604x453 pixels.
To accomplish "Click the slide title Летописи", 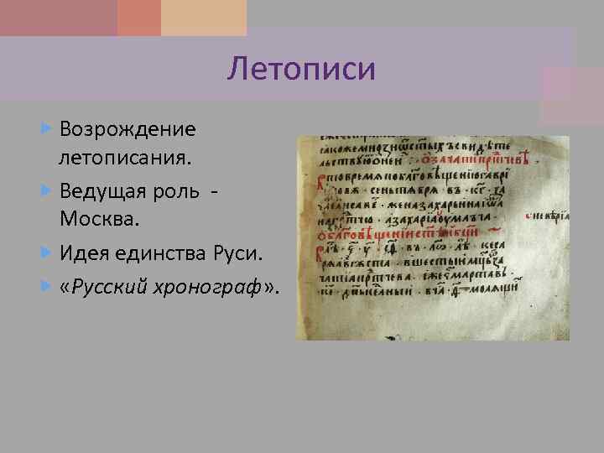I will (x=301, y=68).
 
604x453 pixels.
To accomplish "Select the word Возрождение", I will (x=128, y=130).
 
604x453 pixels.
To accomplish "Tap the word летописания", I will (x=124, y=156).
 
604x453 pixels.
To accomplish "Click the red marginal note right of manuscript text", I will (x=549, y=216).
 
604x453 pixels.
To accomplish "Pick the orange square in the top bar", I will (x=139, y=17).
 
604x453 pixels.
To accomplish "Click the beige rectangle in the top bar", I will (x=204, y=17).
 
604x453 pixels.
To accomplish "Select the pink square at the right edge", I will (x=572, y=96).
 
